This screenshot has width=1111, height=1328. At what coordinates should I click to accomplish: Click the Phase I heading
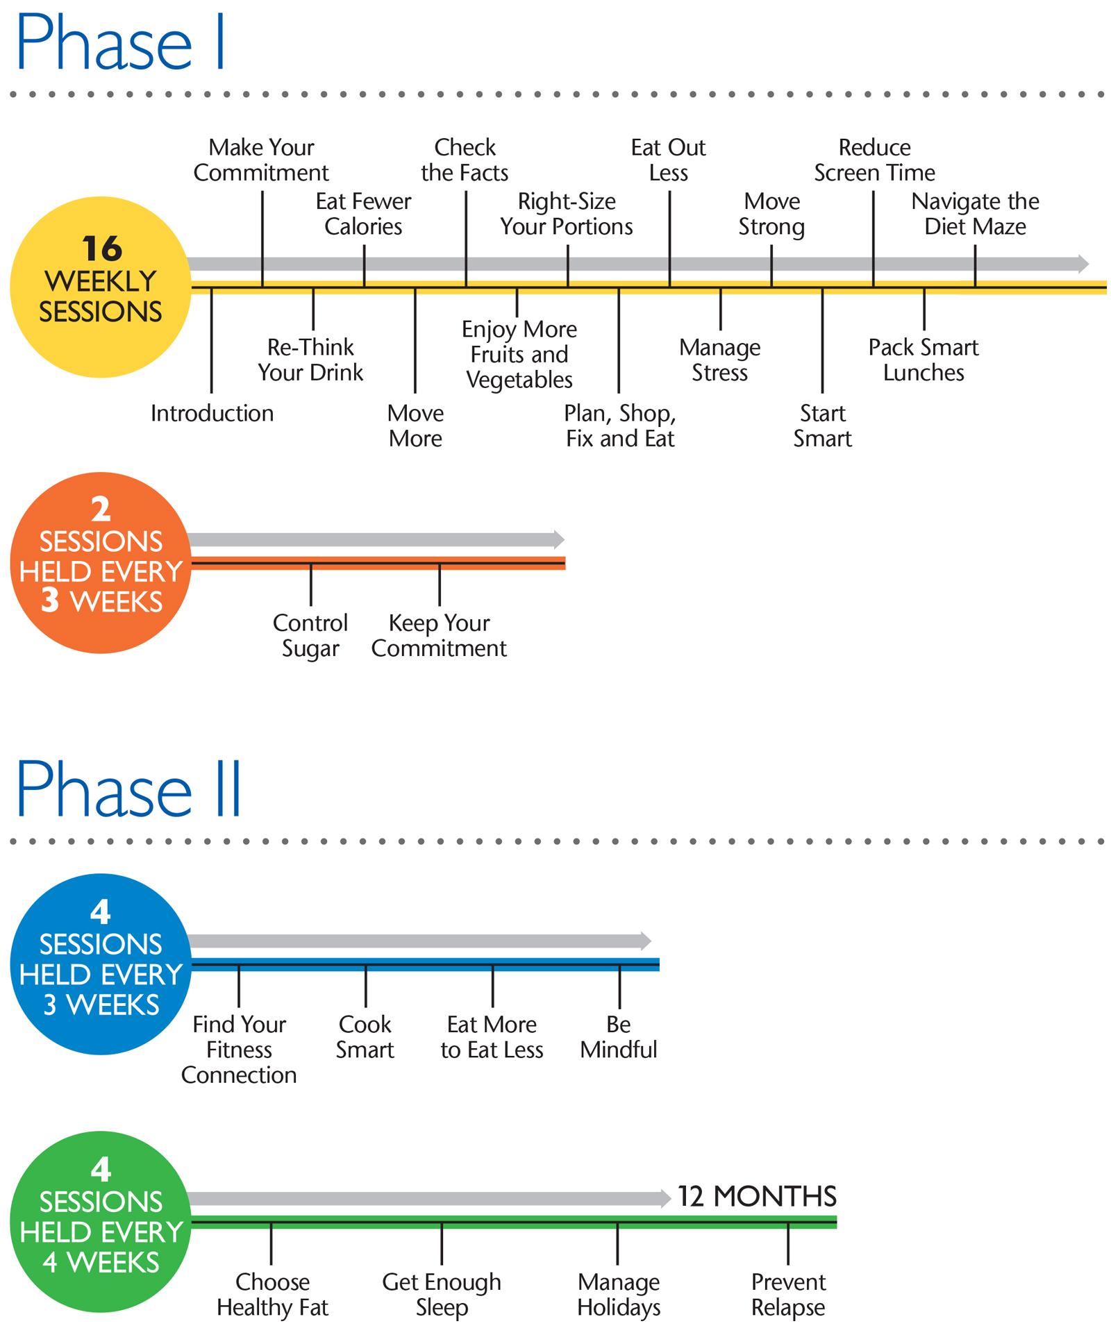(x=119, y=43)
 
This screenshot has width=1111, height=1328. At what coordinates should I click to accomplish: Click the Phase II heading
(x=128, y=789)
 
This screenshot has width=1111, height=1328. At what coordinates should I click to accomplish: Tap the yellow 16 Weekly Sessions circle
(x=101, y=287)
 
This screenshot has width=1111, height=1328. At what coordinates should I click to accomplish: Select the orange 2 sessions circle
(x=101, y=562)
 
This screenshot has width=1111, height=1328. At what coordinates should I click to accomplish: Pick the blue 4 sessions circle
(x=101, y=964)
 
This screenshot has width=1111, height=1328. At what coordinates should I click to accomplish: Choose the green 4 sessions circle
(x=101, y=1222)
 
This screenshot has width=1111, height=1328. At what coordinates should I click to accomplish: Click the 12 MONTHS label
(x=757, y=1197)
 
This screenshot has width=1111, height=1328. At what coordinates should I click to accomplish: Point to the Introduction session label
(x=212, y=414)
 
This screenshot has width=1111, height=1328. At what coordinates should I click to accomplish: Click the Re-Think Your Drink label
(x=310, y=360)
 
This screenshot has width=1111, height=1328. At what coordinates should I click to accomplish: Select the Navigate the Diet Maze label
(x=975, y=214)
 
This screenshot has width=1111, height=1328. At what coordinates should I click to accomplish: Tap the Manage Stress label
(x=720, y=360)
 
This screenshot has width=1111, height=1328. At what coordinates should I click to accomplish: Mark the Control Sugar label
(x=310, y=635)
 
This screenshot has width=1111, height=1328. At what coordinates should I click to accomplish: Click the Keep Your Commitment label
(x=439, y=635)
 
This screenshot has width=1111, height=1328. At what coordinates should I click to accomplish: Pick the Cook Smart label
(x=365, y=1036)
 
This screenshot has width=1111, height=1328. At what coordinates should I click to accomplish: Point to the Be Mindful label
(x=619, y=1036)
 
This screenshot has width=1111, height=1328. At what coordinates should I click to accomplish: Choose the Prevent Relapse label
(x=788, y=1294)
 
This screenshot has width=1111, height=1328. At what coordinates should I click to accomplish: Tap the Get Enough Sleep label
(x=442, y=1294)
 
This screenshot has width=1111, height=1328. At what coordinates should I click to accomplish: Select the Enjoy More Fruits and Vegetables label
(x=519, y=354)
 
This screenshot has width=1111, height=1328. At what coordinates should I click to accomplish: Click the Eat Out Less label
(x=668, y=160)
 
